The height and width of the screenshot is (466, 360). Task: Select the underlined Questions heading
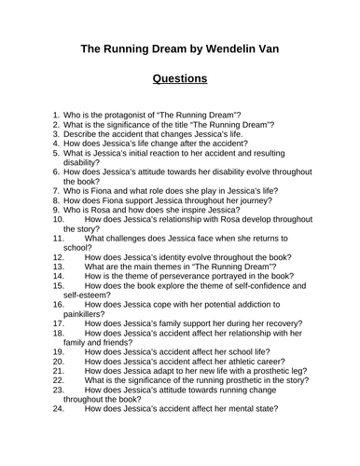click(180, 80)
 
